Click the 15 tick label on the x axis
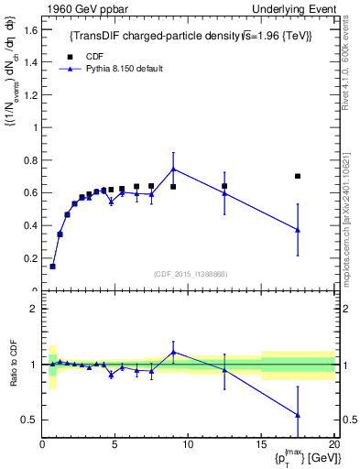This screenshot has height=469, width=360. [261, 446]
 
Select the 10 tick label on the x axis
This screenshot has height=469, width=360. [188, 446]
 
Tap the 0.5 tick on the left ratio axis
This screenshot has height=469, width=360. [31, 420]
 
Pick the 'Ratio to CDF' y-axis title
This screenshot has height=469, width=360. [13, 366]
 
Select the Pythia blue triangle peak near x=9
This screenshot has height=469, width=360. [173, 169]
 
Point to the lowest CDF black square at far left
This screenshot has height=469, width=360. [52, 267]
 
